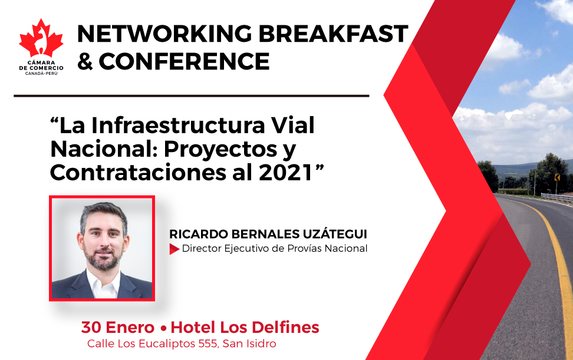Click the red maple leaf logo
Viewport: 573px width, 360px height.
point(41,38)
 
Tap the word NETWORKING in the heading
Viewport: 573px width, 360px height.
point(164,34)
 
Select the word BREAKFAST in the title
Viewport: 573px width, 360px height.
point(333,34)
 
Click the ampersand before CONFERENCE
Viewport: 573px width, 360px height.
point(85,61)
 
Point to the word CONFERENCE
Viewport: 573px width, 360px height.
point(184,61)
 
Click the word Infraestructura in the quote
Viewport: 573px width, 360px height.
point(178,125)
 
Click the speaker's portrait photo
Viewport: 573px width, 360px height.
point(102,248)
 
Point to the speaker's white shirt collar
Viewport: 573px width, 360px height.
point(103,284)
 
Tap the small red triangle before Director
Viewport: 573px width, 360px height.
point(174,249)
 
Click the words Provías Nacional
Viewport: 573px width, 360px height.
point(327,248)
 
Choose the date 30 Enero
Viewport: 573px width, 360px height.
point(118,328)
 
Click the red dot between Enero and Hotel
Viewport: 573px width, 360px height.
point(163,328)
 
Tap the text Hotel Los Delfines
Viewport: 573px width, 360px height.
point(245,328)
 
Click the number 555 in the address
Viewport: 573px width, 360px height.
point(209,344)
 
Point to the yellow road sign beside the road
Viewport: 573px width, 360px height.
point(557,177)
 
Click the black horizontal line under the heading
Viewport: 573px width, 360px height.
point(192,96)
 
